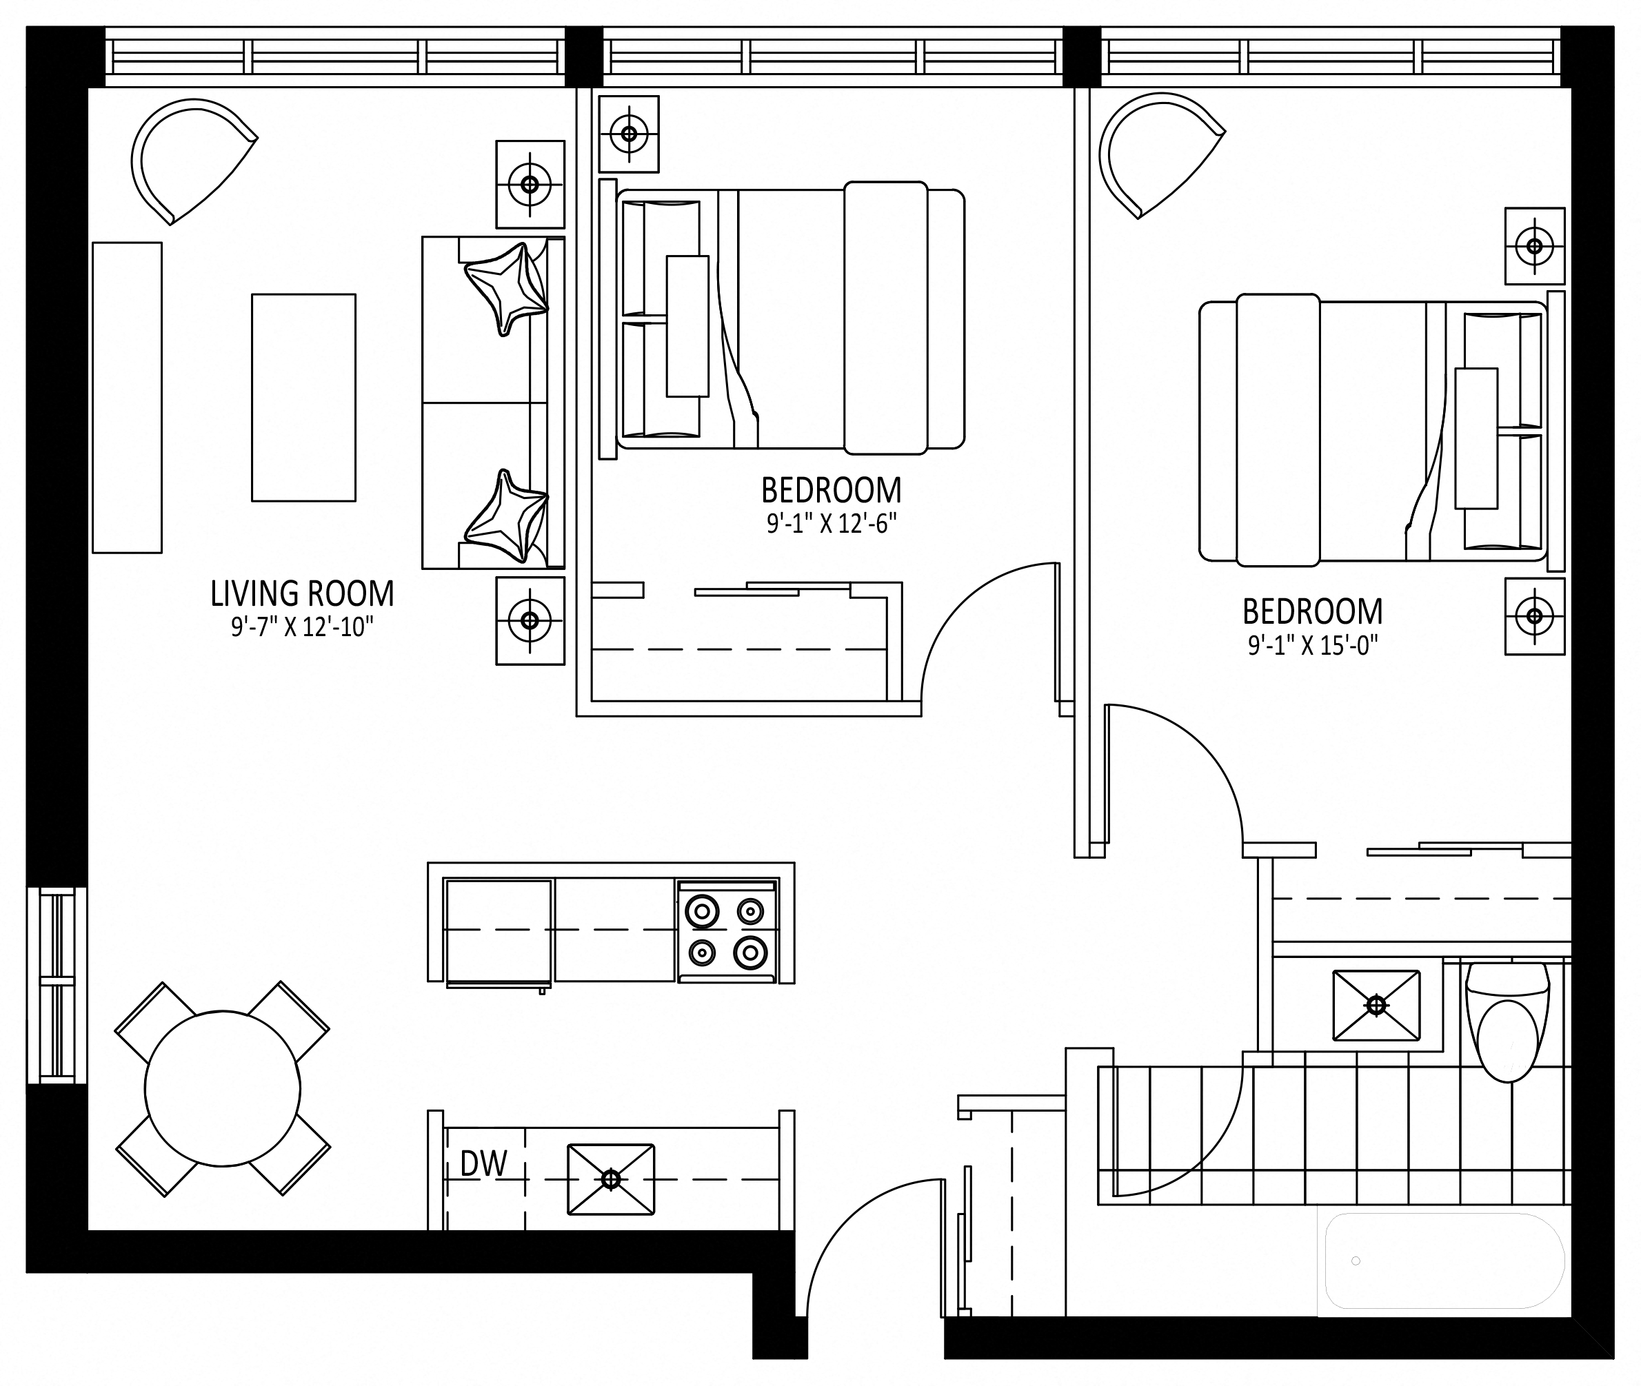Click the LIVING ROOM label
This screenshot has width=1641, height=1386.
point(302,594)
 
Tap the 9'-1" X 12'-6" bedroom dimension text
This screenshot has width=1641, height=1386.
point(832,523)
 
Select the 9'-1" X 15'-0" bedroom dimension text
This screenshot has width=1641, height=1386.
point(1313,645)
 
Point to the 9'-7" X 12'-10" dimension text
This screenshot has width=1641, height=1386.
point(302,627)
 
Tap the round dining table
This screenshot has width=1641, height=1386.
point(223,1088)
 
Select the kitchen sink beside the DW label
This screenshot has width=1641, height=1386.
point(611,1179)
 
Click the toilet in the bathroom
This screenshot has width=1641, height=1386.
point(1507,1021)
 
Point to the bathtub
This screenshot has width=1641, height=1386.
point(1444,1261)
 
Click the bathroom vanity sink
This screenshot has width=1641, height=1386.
point(1376,1006)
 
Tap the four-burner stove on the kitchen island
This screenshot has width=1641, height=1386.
point(727,931)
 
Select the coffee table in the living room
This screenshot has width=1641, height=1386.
point(303,398)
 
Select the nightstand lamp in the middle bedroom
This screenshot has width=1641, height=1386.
point(629,134)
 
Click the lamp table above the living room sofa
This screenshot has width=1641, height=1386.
point(530,185)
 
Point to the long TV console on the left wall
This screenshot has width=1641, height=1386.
point(128,398)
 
